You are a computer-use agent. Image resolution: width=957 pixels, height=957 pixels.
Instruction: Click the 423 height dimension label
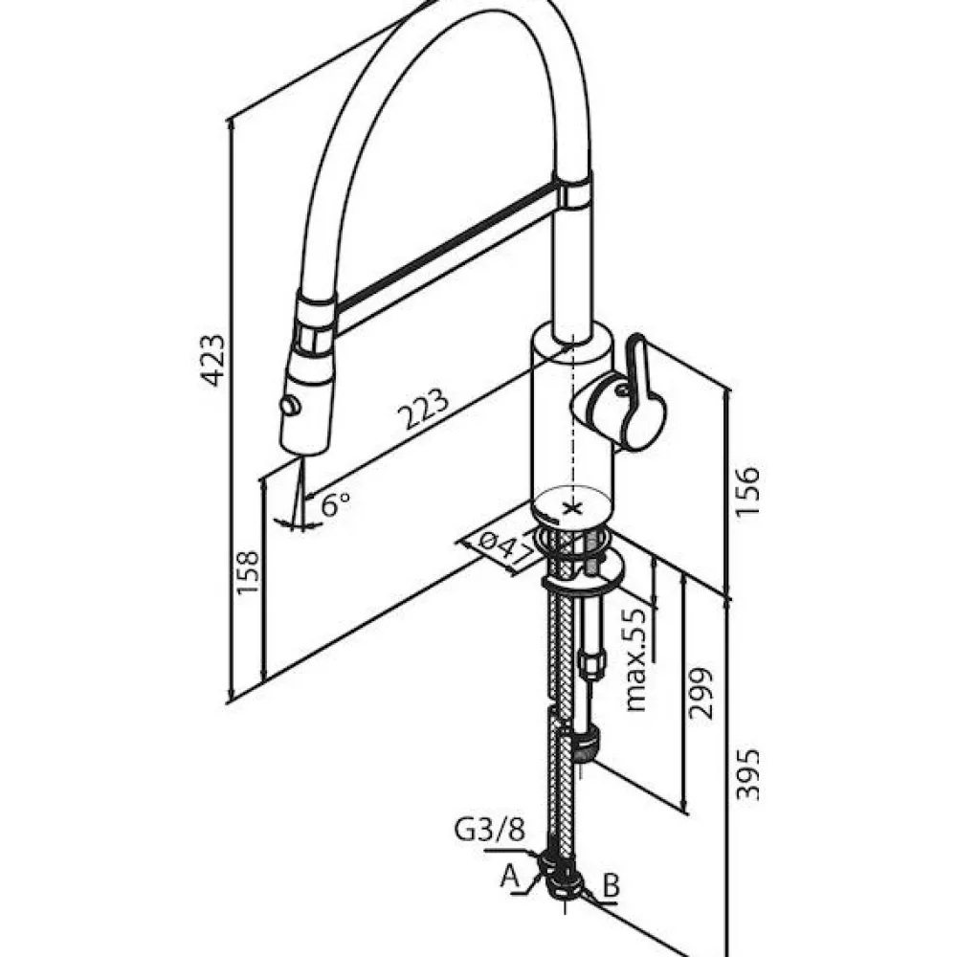(x=213, y=360)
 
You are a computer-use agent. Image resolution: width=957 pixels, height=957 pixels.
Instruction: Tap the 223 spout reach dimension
(x=423, y=408)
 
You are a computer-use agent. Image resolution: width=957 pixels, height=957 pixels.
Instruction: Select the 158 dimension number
(x=249, y=572)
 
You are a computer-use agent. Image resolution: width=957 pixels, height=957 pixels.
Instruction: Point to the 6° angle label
(x=336, y=504)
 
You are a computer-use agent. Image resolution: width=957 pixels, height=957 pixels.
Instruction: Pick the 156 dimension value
(x=747, y=492)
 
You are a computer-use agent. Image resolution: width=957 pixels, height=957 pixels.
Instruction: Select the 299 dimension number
(x=700, y=694)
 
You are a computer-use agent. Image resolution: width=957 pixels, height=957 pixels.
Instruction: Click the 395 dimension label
(x=747, y=774)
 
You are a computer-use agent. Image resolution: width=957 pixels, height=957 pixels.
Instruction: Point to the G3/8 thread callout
(x=489, y=830)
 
